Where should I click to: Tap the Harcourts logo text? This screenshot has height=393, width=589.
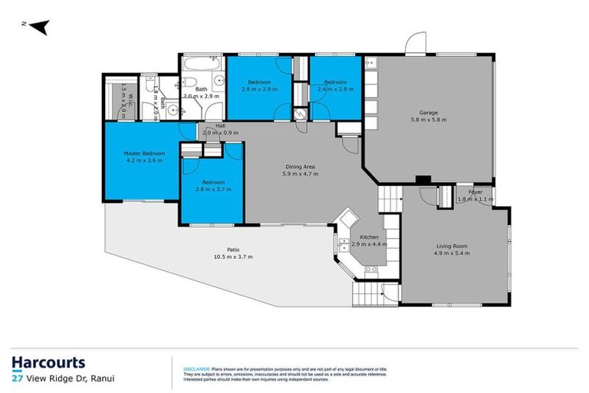pyautogui.click(x=48, y=362)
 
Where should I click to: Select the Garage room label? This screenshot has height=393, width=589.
pyautogui.click(x=428, y=113)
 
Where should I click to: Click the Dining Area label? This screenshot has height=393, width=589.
pyautogui.click(x=301, y=167)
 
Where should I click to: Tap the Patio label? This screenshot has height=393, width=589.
pyautogui.click(x=233, y=249)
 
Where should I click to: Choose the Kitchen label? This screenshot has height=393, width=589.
pyautogui.click(x=370, y=237)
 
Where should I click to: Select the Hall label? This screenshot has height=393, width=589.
pyautogui.click(x=220, y=126)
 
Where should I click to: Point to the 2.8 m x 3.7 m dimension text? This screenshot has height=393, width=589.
pyautogui.click(x=212, y=189)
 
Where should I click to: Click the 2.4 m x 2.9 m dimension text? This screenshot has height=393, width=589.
pyautogui.click(x=335, y=89)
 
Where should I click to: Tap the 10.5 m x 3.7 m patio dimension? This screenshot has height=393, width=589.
pyautogui.click(x=233, y=256)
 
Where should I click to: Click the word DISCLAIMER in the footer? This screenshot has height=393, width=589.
pyautogui.click(x=194, y=368)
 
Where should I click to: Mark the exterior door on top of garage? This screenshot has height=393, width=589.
pyautogui.click(x=416, y=44)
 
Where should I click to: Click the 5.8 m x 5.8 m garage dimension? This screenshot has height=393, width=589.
pyautogui.click(x=428, y=120)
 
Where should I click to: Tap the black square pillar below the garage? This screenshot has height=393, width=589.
pyautogui.click(x=420, y=180)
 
